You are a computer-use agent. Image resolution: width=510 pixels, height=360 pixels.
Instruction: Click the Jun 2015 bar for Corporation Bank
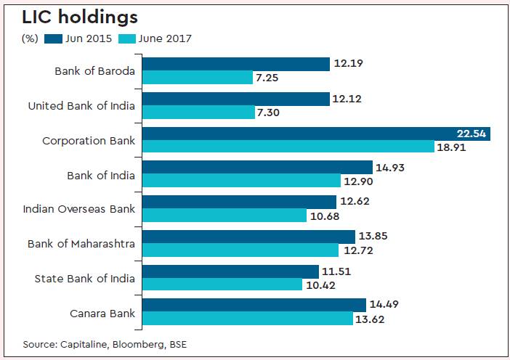pos(316,134)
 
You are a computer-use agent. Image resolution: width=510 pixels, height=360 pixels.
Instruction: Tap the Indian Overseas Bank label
pos(80,209)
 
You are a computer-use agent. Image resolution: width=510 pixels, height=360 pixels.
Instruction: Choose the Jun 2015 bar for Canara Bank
pos(254,305)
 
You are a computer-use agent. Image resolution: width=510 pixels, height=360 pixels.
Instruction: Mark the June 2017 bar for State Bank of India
pos(222,285)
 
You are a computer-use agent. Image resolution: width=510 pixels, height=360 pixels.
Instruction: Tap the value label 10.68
pos(321,216)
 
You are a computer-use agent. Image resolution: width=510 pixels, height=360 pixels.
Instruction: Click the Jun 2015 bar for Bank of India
pos(257,168)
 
